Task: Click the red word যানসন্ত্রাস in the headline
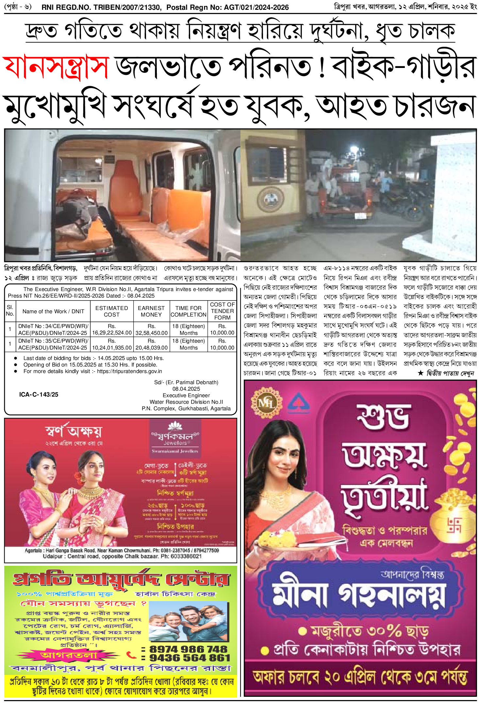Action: pos(56,67)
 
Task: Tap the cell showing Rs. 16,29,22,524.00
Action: pos(112,329)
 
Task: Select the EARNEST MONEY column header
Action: pos(151,311)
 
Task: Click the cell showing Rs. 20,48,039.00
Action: pos(151,344)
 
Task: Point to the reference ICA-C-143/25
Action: pos(39,394)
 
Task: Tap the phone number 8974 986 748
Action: pos(188,648)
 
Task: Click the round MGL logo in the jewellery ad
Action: pos(266,403)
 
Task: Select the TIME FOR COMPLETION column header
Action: pos(189,311)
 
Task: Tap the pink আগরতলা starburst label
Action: pos(69,655)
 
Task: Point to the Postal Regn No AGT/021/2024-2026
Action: pos(227,7)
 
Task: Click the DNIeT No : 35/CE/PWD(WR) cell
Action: pos(53,344)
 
